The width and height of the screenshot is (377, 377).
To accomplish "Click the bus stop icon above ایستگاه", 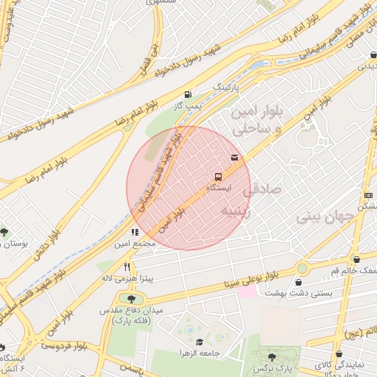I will point(218,177).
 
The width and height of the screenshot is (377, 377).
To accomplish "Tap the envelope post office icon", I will point(234,158).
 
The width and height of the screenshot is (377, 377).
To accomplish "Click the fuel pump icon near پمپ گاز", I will point(188,94).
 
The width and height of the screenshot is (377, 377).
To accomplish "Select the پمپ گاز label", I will point(188,108).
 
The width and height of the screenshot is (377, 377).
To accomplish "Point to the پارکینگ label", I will point(227,87).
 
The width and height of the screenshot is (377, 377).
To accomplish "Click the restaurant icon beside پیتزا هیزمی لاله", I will point(127,267).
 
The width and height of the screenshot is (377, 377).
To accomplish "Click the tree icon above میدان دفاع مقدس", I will point(131,299).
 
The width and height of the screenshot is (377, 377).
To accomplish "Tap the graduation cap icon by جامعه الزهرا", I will point(200,342).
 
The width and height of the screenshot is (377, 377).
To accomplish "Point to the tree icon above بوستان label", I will point(6,231).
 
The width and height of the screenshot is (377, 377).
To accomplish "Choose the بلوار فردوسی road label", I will point(65,343).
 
